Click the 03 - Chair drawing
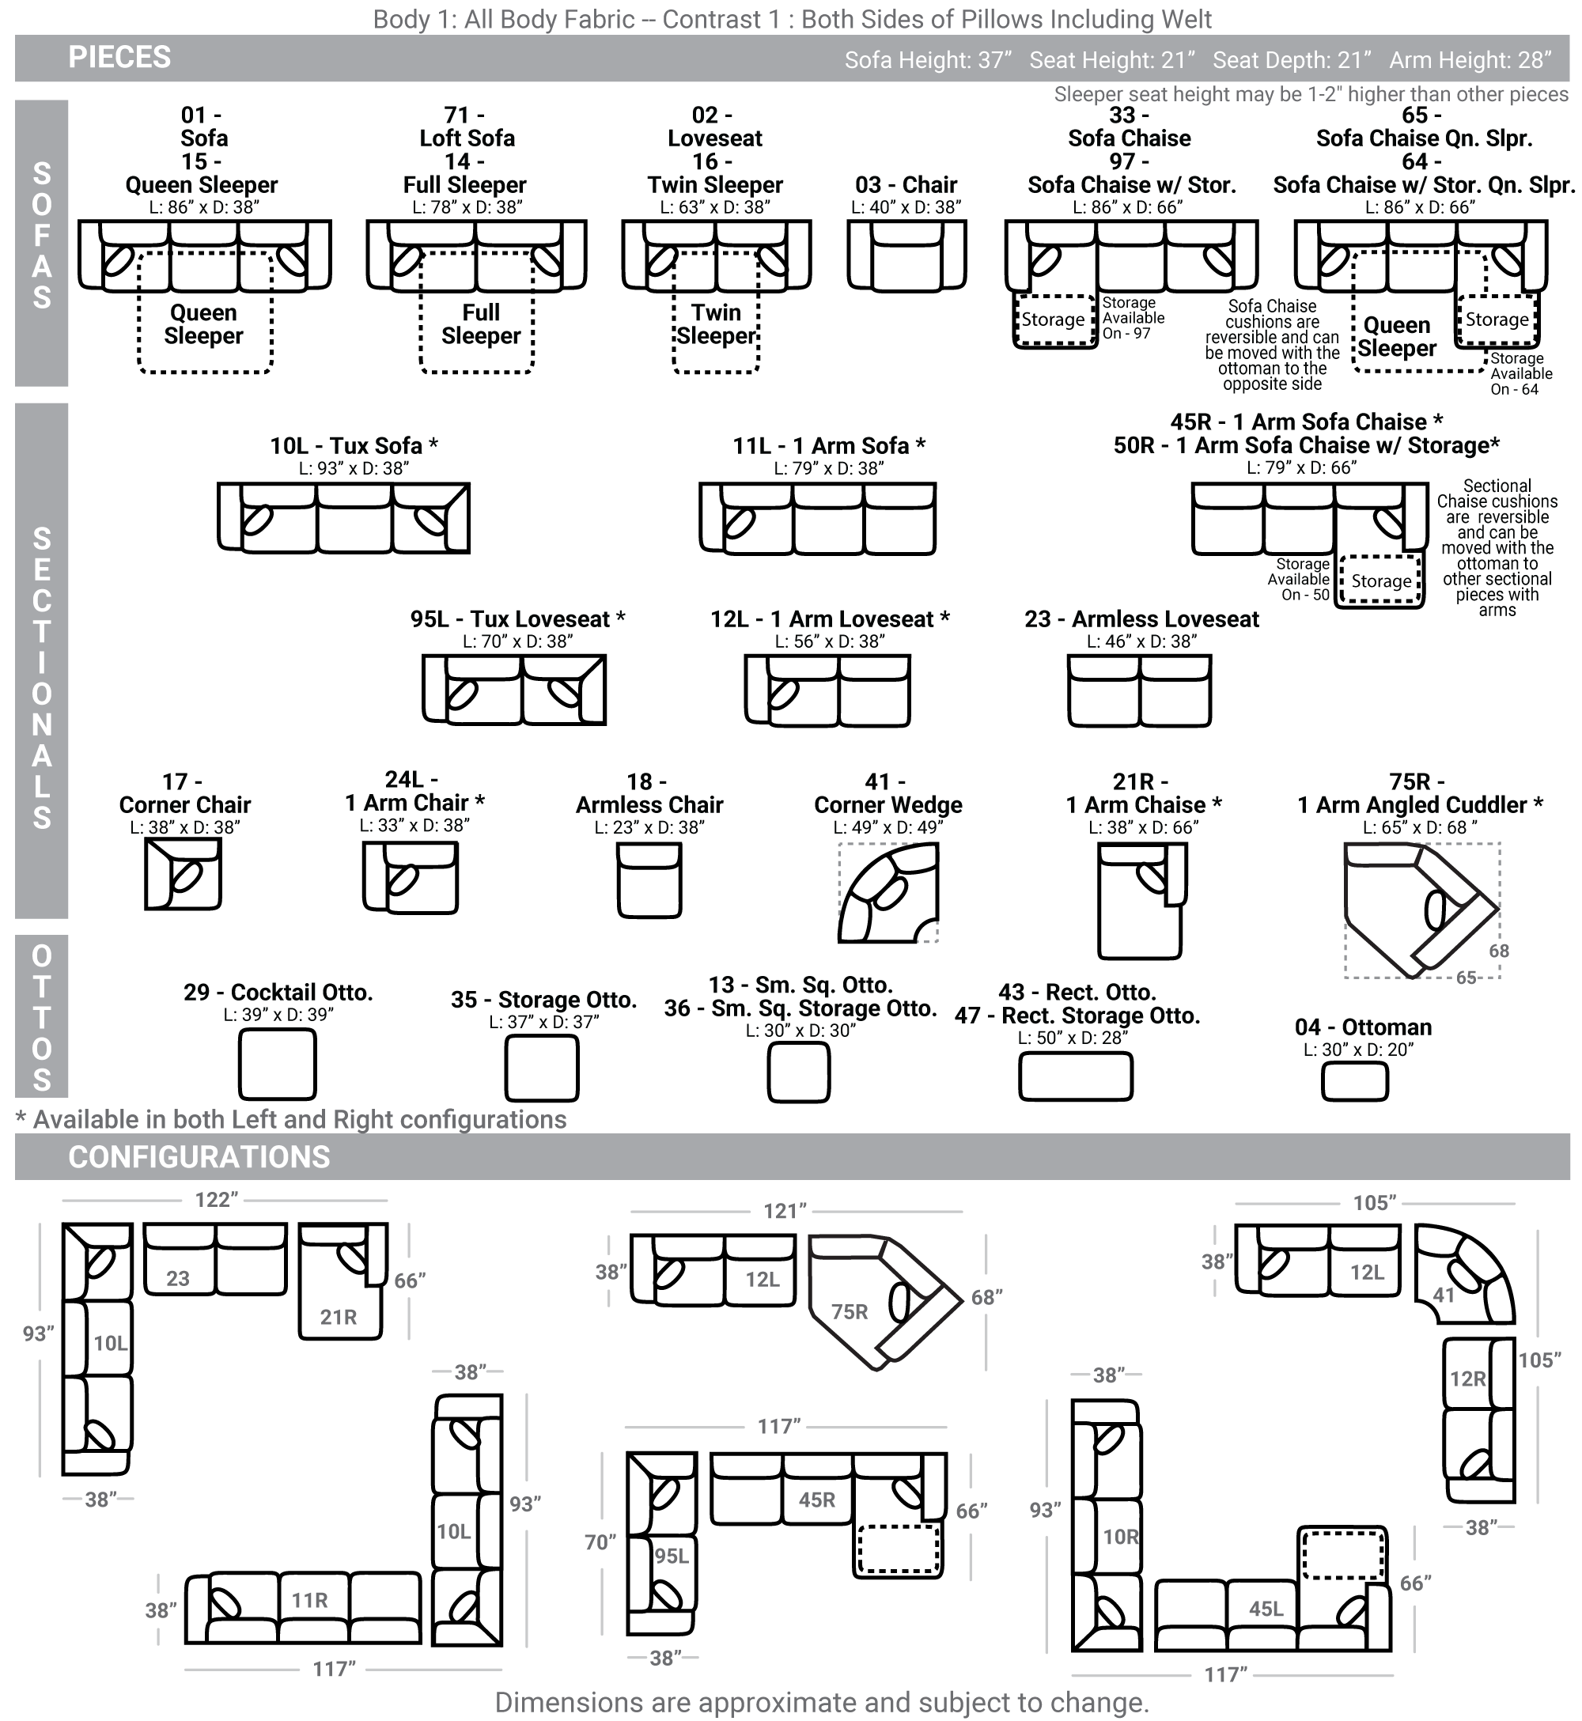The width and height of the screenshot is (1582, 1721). (906, 254)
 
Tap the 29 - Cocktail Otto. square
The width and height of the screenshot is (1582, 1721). (278, 1064)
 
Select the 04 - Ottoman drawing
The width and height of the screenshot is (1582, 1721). (1354, 1082)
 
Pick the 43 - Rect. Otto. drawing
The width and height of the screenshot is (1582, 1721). (1075, 1076)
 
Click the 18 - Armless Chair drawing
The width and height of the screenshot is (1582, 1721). (649, 879)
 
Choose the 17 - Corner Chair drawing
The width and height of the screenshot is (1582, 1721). (184, 873)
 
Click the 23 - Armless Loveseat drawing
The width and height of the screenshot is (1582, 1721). (1139, 690)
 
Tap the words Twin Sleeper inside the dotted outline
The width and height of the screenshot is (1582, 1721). (717, 324)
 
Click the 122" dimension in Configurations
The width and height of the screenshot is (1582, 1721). (216, 1200)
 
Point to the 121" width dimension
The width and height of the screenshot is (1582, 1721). (785, 1211)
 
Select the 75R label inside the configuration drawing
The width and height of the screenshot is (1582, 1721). (850, 1312)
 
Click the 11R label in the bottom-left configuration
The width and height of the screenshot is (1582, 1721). (309, 1600)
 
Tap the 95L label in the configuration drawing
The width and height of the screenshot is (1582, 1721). (672, 1556)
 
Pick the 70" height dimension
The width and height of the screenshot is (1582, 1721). (600, 1542)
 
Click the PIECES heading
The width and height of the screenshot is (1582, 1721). (120, 57)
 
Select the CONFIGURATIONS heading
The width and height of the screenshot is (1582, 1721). (199, 1157)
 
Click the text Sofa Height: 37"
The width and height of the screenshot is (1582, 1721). (928, 60)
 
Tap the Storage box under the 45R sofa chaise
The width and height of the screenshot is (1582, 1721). (1381, 581)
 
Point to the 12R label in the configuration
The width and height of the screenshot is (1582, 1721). (1467, 1379)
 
